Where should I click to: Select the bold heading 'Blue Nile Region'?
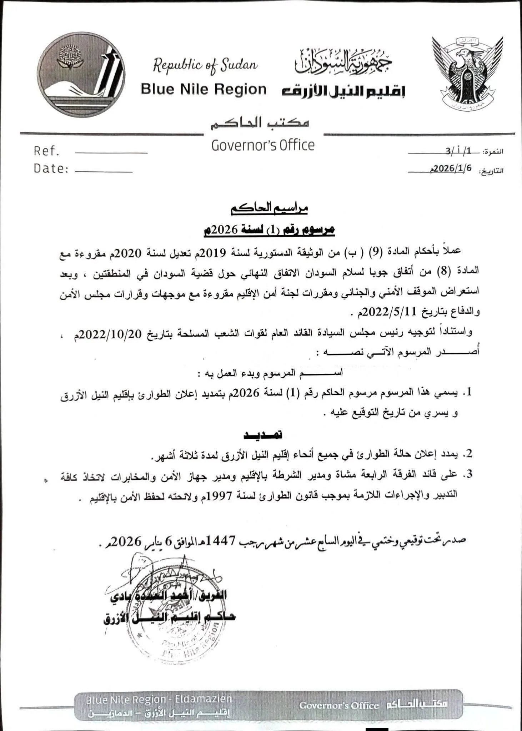click(x=204, y=89)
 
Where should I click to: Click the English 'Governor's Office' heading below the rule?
click(x=263, y=146)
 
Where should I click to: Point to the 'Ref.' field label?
click(x=46, y=151)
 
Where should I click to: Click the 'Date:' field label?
click(x=51, y=168)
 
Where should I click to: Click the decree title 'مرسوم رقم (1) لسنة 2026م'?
click(x=268, y=230)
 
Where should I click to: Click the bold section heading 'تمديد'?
click(x=263, y=434)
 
